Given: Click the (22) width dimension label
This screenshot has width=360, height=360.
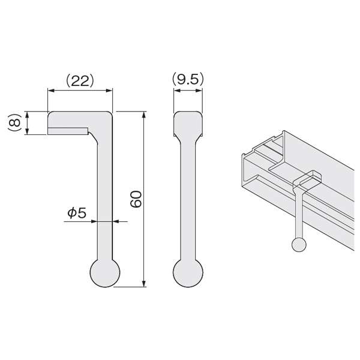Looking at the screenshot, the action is (x=80, y=81).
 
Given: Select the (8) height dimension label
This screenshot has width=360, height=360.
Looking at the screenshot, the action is (x=14, y=122).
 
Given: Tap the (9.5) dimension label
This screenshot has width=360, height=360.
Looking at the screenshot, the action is (x=188, y=79).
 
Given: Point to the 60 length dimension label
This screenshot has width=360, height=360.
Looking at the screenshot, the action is (x=136, y=199).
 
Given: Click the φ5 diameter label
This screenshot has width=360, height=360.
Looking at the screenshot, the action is (x=77, y=213).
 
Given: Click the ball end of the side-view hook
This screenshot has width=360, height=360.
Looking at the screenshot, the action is (x=105, y=273).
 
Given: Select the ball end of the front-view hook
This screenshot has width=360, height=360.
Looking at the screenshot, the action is (x=188, y=273).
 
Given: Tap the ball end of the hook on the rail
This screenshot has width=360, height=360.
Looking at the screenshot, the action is (x=299, y=245).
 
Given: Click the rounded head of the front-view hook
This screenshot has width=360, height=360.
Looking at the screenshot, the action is (x=188, y=124).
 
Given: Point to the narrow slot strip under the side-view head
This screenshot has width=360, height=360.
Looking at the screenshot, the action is (x=68, y=131).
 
